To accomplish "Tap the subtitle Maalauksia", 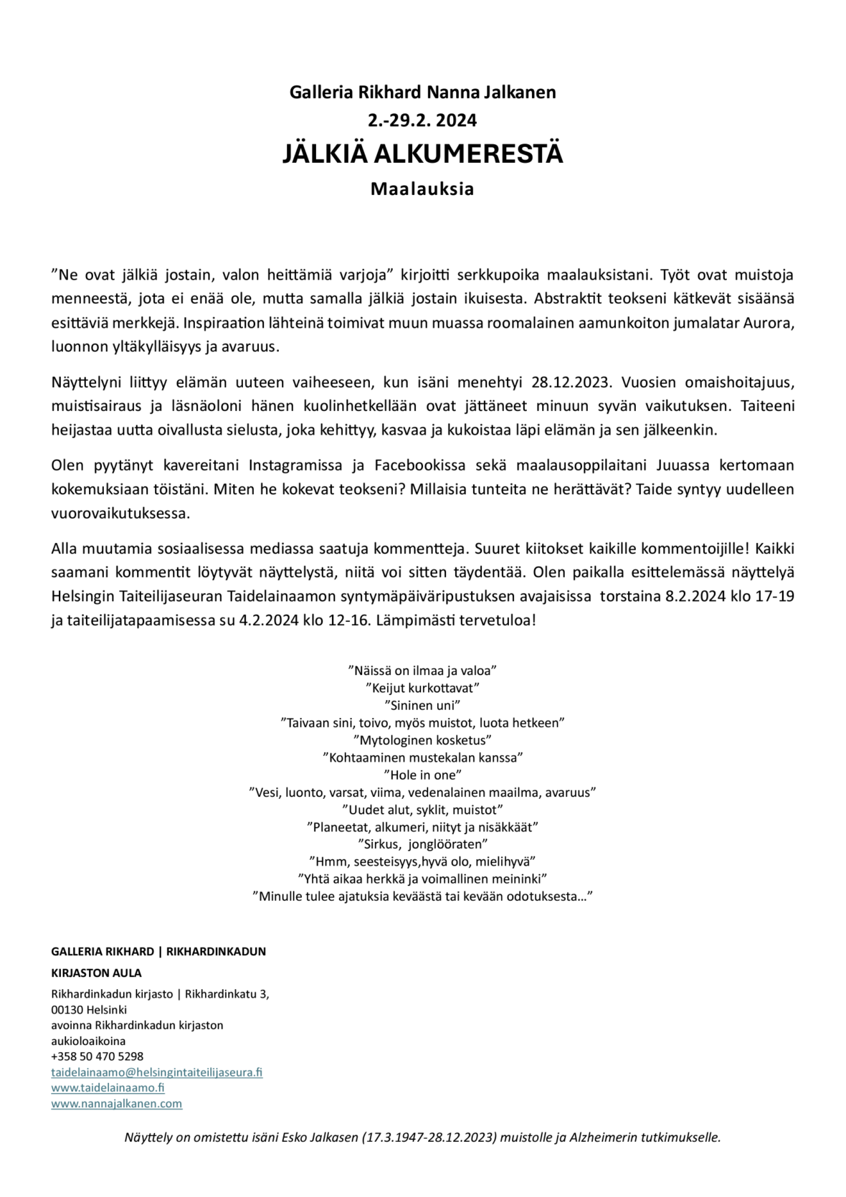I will coord(422,189).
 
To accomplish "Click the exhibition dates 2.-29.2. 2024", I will coord(422,120).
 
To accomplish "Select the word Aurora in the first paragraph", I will coord(769,323).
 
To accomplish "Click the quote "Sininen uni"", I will coord(422,706).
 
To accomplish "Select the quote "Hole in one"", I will coord(422,775).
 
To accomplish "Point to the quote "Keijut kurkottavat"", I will coord(422,689).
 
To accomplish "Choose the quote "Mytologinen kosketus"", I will coord(422,740).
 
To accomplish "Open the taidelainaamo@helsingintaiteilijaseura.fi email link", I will coord(156,1072).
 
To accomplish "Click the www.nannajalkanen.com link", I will coord(116,1104).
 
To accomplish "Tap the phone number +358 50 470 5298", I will coord(97,1056).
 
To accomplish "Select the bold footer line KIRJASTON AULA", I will coord(96,973).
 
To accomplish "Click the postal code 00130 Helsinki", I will coord(89,1010).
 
